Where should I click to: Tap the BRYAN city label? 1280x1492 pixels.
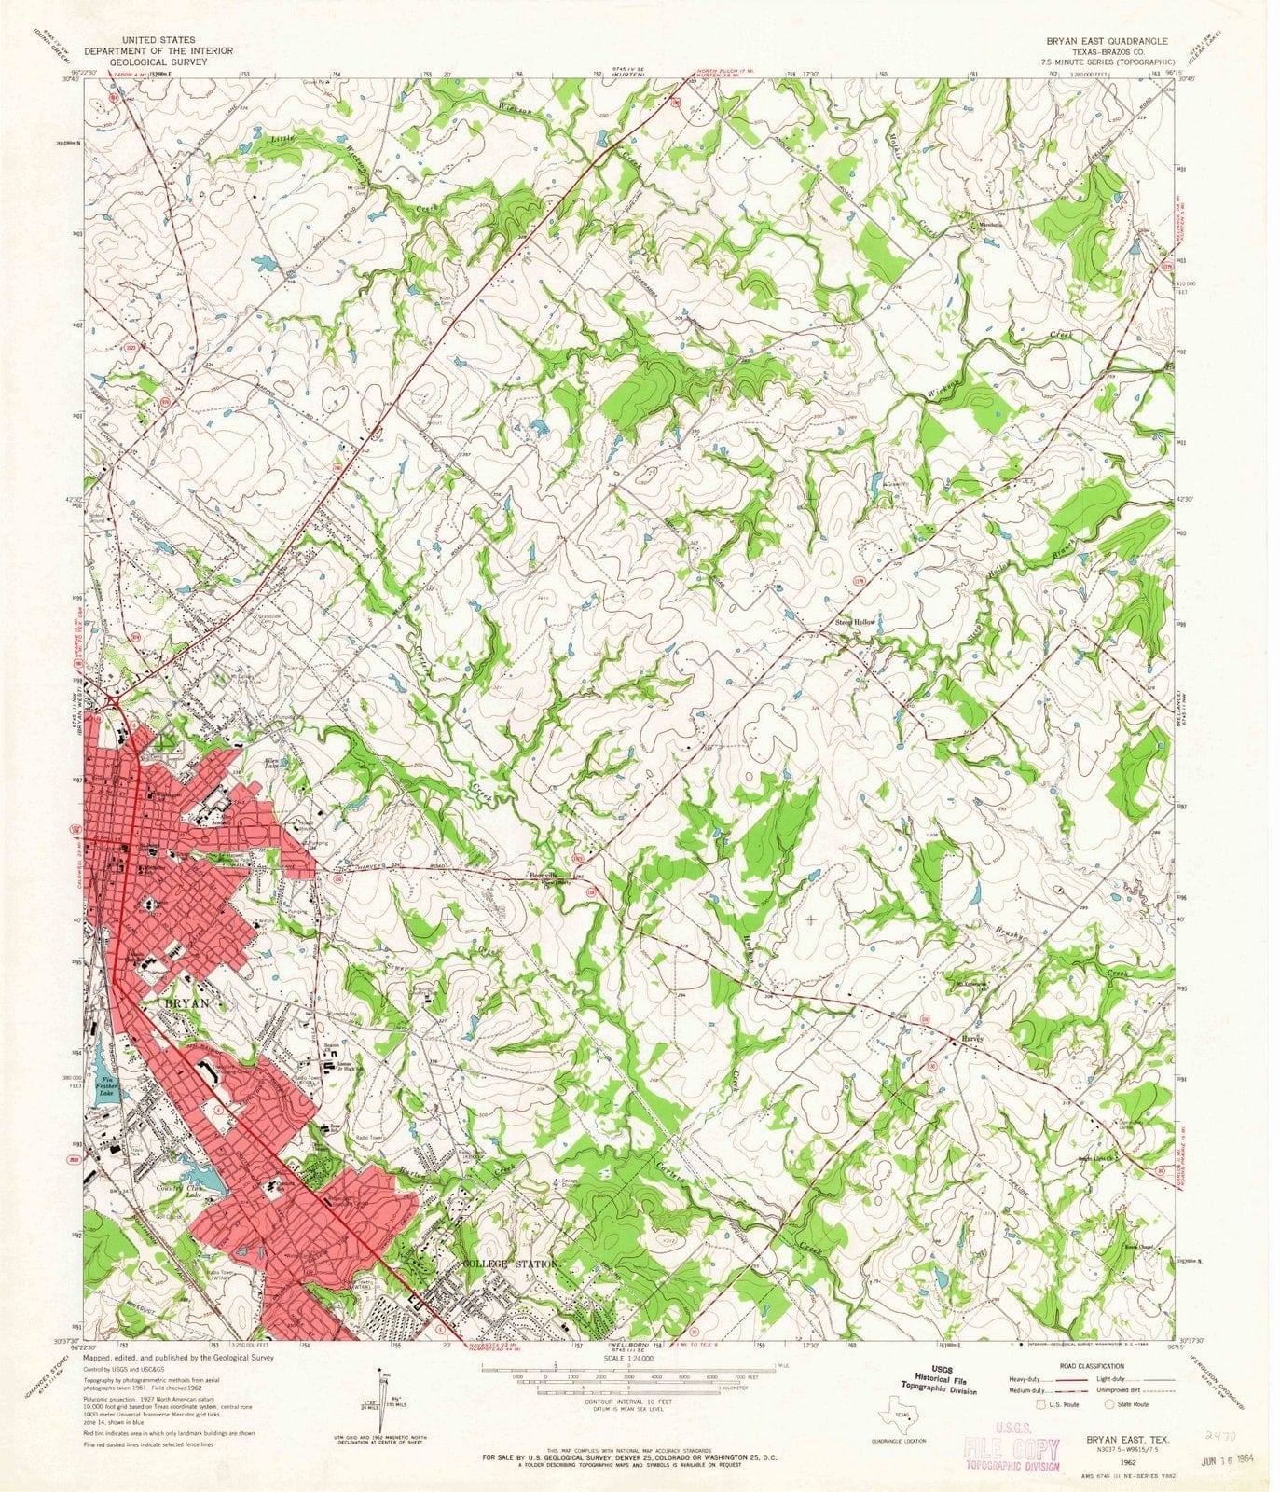[187, 1003]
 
